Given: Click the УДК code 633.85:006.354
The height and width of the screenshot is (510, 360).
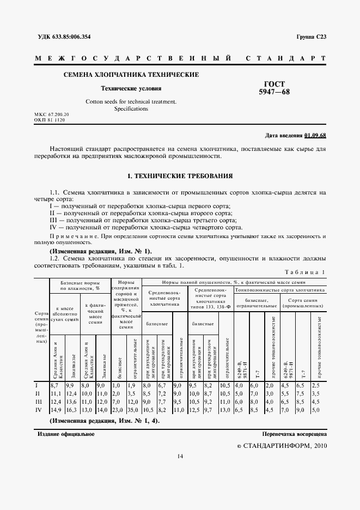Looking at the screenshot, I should (x=82, y=37).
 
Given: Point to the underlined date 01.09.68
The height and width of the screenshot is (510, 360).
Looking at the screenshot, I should (x=315, y=135).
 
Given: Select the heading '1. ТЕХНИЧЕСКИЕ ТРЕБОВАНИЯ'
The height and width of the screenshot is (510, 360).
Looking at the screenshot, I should (x=180, y=177).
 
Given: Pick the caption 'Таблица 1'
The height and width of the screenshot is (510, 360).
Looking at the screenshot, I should (x=305, y=272).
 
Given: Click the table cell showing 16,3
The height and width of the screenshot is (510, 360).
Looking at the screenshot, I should (x=72, y=409).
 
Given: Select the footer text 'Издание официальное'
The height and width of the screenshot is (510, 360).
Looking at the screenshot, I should (x=66, y=434).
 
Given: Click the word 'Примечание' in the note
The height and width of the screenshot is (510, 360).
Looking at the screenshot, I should (x=70, y=237).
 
